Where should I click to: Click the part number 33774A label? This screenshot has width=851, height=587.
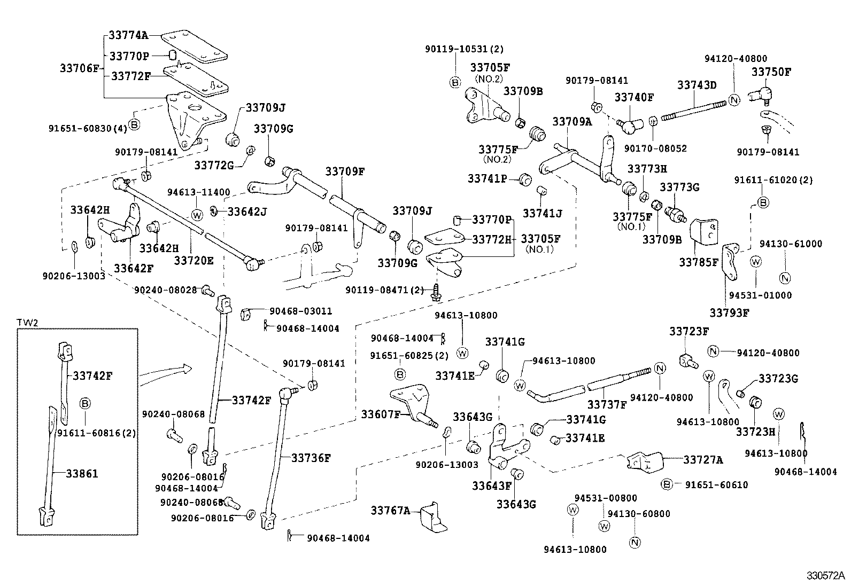point(128,35)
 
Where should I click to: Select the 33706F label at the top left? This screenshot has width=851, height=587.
point(79,68)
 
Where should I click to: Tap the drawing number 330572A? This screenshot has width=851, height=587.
point(826,576)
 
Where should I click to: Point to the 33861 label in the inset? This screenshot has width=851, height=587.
point(82,473)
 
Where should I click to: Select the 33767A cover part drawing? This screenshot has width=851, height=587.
point(434,517)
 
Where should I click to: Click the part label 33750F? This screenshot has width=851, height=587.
point(771,72)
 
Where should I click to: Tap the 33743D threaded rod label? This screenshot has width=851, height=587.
point(697,85)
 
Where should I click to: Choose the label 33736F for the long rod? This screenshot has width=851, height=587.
point(312,458)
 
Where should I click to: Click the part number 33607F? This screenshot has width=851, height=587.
point(381,414)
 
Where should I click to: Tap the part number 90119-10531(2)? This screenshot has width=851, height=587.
point(464,49)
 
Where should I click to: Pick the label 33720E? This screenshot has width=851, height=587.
point(194,260)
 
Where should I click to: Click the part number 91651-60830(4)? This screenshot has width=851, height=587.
point(88,129)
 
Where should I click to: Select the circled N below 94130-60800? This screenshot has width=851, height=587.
point(635,542)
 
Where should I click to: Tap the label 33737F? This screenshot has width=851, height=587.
point(607,404)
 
